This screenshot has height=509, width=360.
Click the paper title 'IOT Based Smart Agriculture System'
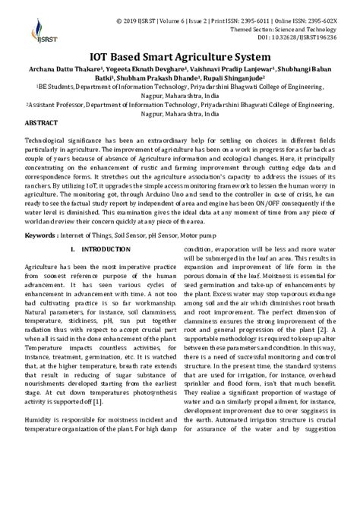point(181,55)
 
